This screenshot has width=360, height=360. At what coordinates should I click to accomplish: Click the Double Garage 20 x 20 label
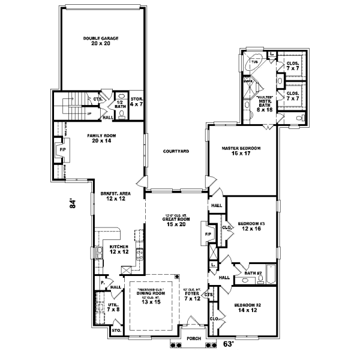tap(101, 41)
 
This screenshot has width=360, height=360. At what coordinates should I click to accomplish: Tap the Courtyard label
tap(176, 151)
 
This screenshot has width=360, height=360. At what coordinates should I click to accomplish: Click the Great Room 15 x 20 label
tap(176, 221)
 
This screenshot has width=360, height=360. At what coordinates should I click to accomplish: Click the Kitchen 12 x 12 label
tap(118, 250)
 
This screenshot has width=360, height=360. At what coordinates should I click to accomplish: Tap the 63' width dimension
tap(228, 344)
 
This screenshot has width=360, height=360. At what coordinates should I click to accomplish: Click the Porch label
tap(193, 338)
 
